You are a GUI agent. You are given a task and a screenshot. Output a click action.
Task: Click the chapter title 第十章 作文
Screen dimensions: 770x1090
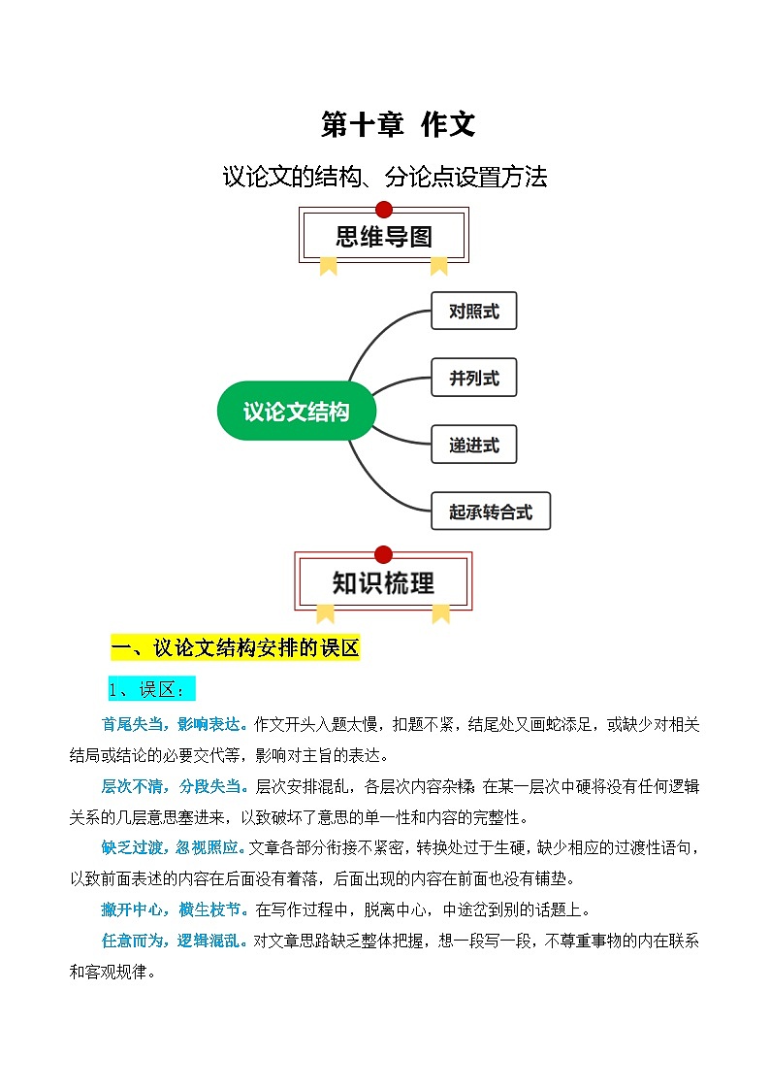click(398, 124)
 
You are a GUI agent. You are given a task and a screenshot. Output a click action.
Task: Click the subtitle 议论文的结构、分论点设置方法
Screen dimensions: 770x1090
click(385, 177)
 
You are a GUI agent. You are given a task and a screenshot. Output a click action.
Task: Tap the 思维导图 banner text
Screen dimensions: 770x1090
click(384, 237)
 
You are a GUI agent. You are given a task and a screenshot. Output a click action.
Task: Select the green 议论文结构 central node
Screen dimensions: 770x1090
click(297, 411)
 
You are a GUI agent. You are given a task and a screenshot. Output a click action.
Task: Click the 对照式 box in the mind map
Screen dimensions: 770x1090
click(474, 311)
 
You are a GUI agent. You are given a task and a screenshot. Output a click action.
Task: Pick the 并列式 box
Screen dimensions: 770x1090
click(474, 378)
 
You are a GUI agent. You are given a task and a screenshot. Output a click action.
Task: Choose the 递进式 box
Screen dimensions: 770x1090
click(474, 445)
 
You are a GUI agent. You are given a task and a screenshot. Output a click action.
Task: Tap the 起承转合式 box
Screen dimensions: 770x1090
click(491, 511)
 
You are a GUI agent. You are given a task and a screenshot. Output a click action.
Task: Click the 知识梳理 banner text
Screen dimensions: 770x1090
click(383, 582)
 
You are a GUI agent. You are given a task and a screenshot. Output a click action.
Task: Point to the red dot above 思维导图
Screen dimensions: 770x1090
click(384, 210)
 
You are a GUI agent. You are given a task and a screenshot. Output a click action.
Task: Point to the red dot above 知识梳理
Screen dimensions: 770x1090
click(383, 554)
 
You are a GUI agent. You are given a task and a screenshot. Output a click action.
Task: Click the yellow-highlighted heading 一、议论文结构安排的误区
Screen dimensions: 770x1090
click(236, 647)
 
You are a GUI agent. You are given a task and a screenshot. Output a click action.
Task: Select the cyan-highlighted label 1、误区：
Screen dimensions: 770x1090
click(151, 689)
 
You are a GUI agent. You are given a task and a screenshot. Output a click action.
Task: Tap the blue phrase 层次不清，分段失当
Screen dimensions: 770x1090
click(175, 786)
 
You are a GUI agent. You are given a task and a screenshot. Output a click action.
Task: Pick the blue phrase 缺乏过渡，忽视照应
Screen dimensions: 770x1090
click(174, 847)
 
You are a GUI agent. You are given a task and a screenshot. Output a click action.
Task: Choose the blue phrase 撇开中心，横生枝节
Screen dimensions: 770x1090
click(175, 909)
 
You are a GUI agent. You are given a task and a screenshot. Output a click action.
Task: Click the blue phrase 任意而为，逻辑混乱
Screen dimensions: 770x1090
click(175, 941)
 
